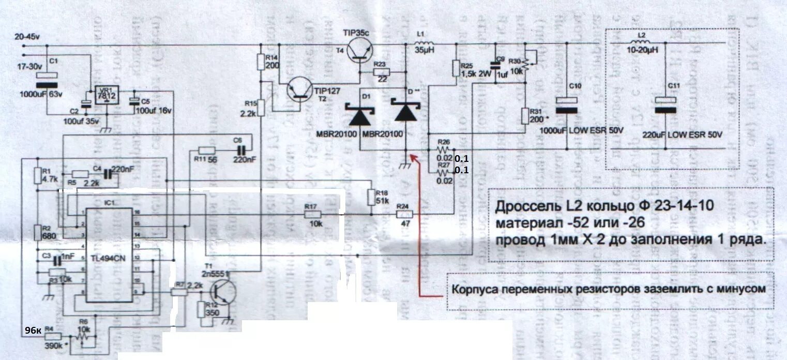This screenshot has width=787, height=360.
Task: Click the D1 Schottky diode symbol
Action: pyautogui.click(x=360, y=116)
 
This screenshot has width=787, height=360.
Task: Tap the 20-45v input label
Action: pyautogui.click(x=27, y=37)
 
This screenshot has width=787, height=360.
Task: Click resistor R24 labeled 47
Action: pyautogui.click(x=404, y=215)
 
